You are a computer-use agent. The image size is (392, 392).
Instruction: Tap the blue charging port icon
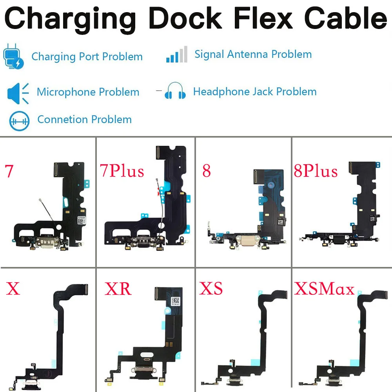click(13, 57)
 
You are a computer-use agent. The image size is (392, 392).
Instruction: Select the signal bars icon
click(176, 55)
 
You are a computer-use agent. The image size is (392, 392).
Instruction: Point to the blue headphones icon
click(175, 91)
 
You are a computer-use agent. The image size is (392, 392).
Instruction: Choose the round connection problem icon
click(19, 120)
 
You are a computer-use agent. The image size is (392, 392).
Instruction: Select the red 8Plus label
click(316, 171)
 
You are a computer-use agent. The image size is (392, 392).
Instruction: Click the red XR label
click(118, 289)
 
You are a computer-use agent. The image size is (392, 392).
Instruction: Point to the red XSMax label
click(324, 289)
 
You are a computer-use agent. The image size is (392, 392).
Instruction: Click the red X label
click(13, 289)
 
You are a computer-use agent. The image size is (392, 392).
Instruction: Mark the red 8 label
click(207, 171)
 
